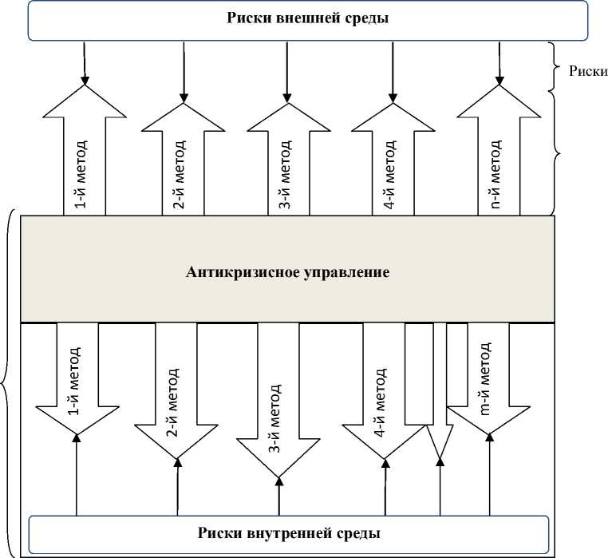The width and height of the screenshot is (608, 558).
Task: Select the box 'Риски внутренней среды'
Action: pos(289,532)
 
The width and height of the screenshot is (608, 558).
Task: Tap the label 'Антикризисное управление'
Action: pos(287,272)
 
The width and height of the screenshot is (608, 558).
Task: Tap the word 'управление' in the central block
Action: pos(347,272)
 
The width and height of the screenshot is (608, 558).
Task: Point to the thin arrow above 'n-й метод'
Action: pos(499,62)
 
